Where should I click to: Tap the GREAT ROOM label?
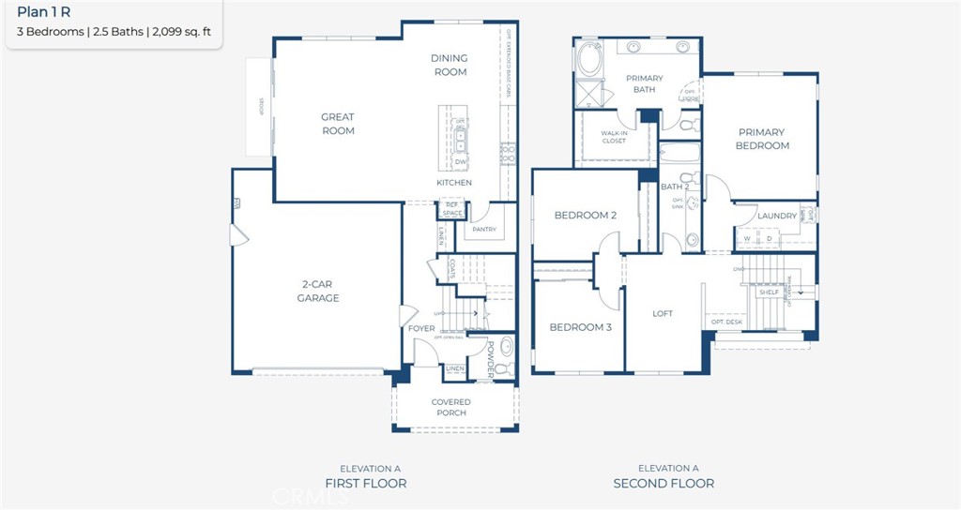[x=338, y=124]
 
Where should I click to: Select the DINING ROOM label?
[x=450, y=65]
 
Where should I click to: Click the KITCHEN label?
[x=454, y=183]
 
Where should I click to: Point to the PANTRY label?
[x=484, y=229]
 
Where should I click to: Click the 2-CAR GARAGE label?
[x=320, y=292]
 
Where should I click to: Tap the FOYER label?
[x=421, y=329]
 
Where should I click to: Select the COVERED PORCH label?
[x=451, y=407]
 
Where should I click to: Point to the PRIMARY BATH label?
[x=645, y=84]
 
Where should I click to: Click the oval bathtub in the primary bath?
[x=591, y=60]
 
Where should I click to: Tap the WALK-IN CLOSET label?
[x=614, y=137]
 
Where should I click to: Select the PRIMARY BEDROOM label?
[x=762, y=139]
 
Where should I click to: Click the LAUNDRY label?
[x=777, y=216]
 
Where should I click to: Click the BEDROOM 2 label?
[x=585, y=216]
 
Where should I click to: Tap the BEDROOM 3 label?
[x=580, y=327]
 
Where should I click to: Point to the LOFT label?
[x=663, y=314]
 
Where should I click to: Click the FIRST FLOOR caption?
[x=365, y=484]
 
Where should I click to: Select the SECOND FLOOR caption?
[x=664, y=484]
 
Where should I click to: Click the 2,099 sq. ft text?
[x=181, y=32]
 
